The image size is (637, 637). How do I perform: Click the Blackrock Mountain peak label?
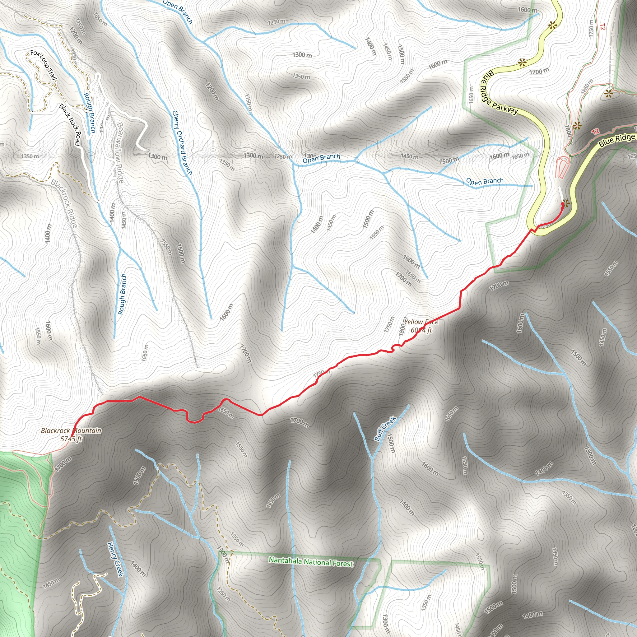coord(71,430)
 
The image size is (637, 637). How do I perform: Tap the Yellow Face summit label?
coord(421,322)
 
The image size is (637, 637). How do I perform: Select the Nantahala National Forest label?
coord(311,562)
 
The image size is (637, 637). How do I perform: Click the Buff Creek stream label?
coord(385,428)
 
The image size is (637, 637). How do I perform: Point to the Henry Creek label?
coord(115,559)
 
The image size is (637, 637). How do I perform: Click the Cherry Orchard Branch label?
coord(182,142)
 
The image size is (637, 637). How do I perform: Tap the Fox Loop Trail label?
coord(43,65)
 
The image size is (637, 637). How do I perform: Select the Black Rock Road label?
coord(70,124)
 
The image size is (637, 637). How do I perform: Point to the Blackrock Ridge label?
coord(64,203)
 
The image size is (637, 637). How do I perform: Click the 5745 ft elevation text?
coord(71,439)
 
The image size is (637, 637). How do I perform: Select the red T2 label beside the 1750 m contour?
coord(603,27)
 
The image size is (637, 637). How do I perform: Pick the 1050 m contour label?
coord(100,19)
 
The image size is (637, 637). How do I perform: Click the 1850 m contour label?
coord(587,86)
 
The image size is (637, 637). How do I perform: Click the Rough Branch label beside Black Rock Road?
coord(89,113)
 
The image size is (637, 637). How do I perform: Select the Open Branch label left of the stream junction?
coord(321,158)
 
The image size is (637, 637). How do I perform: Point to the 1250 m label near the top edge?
coord(276,22)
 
